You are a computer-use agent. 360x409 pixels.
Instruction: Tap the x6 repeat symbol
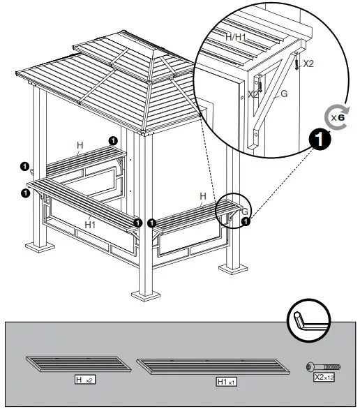coord(337,117)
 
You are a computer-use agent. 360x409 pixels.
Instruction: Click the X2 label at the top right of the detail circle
coord(308,64)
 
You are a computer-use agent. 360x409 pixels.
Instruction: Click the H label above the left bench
coord(80,146)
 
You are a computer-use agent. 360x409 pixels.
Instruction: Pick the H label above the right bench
coord(203,197)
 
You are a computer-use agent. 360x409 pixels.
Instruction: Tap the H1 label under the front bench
coord(90,224)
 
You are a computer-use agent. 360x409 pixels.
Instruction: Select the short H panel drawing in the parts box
coord(78,365)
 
